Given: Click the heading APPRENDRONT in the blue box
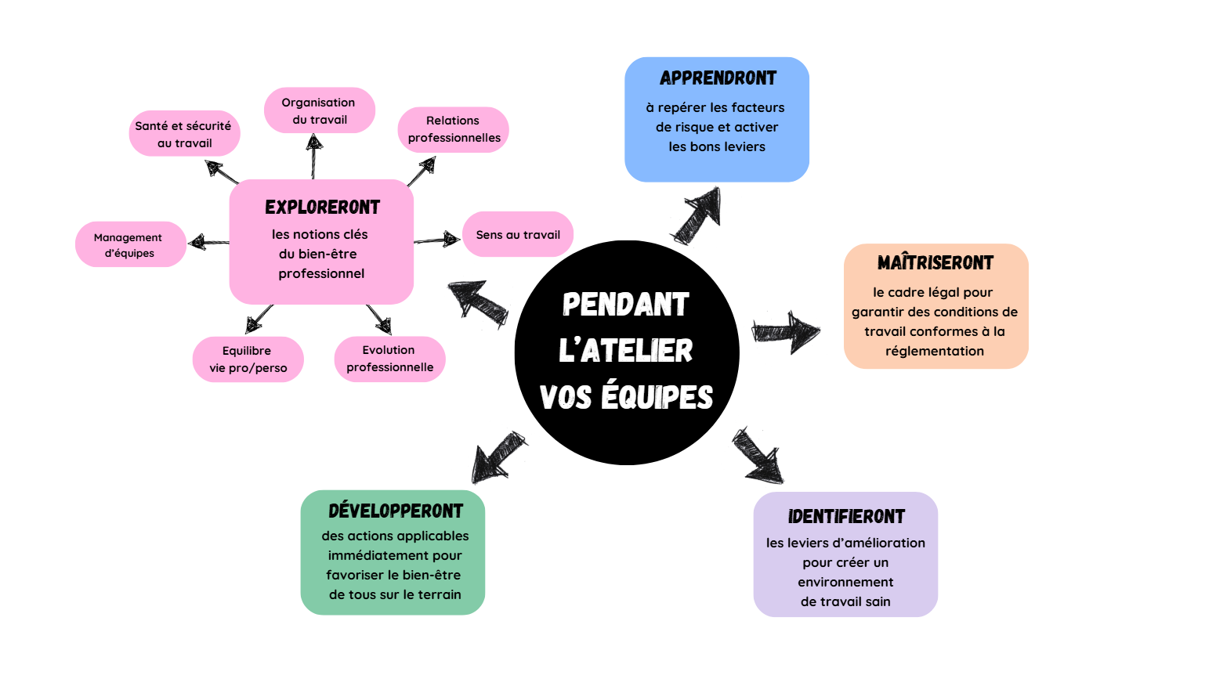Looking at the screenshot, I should point(718,78).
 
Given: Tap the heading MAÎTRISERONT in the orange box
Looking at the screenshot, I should point(936,263).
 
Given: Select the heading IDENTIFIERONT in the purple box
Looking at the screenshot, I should point(846,517).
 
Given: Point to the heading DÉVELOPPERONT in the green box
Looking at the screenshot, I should point(396,511).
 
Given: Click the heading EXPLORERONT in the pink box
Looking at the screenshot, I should point(322,208).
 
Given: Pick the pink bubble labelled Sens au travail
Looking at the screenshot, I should point(518,234).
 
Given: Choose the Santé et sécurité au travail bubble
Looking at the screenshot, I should point(184,134).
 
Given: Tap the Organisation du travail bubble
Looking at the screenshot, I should point(320,110).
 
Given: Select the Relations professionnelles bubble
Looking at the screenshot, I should point(454,129).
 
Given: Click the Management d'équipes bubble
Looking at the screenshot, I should point(130,244).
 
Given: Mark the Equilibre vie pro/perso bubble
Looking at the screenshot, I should point(248,359).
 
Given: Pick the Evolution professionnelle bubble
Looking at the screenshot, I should point(389,359).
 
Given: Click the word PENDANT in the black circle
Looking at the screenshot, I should point(625,305).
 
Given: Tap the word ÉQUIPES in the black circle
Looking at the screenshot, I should point(657,397).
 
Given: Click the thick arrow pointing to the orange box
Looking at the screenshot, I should point(785,332).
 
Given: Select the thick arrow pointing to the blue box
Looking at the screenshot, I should point(697,215).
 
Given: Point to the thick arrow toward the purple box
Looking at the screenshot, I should point(758,456).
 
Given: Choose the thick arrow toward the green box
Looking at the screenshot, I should point(498,457).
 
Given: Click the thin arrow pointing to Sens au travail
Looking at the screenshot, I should point(437,240).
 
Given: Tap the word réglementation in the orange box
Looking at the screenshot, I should point(935,351).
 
